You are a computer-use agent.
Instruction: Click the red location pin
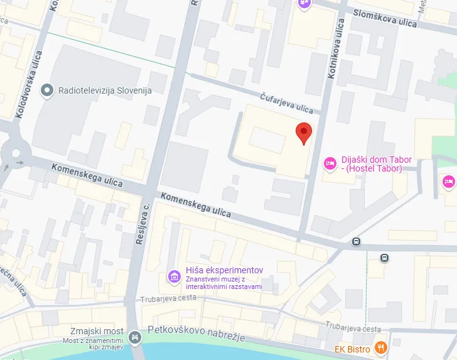(304, 133)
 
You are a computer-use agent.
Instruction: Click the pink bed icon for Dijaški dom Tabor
(329, 164)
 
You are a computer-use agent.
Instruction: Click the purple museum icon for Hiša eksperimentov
(174, 276)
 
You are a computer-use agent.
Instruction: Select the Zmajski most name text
(98, 331)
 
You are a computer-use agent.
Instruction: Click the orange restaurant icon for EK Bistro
(380, 347)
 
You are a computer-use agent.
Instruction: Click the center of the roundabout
(13, 152)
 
